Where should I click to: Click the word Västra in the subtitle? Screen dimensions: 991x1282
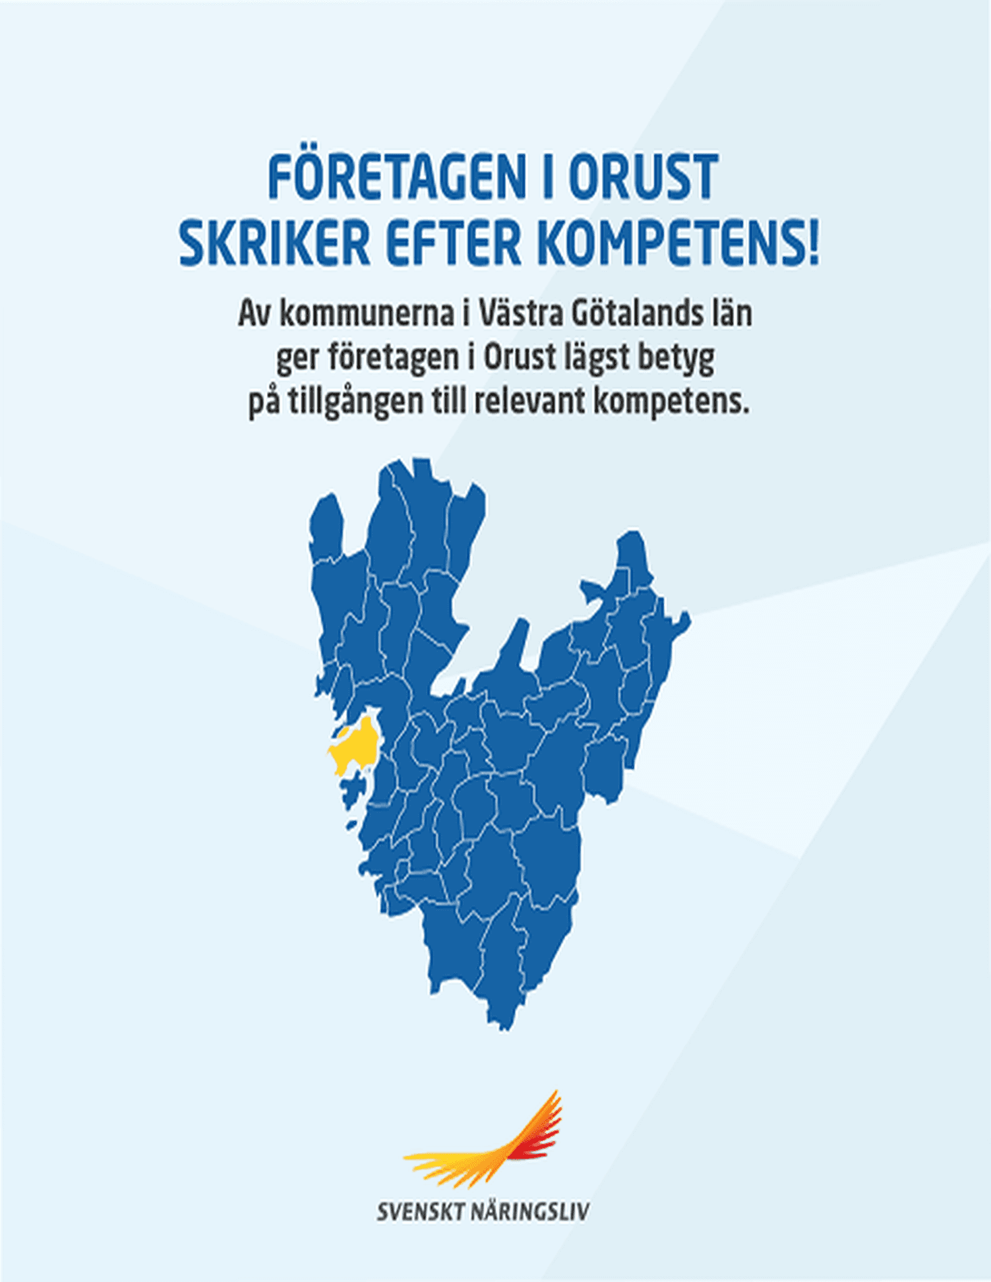point(520,313)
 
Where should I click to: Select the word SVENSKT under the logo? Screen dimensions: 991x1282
point(420,1211)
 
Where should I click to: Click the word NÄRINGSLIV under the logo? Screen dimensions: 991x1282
point(529,1211)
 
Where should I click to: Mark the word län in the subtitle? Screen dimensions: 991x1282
point(733,313)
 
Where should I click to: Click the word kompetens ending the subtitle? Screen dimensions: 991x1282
point(671,402)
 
